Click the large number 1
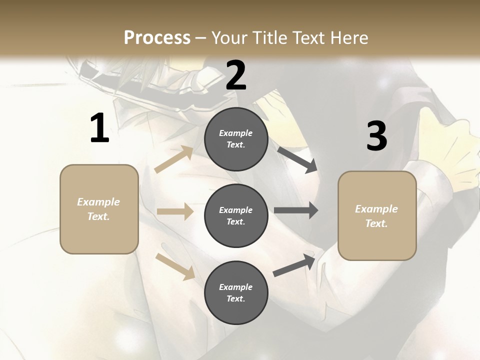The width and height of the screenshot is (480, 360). (x=99, y=128)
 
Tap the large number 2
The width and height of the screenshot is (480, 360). (x=236, y=75)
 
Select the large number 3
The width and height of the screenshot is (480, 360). (x=376, y=136)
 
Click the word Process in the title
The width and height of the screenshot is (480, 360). (x=157, y=37)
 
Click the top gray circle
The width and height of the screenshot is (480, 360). (x=236, y=139)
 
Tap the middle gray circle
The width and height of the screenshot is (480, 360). (x=236, y=215)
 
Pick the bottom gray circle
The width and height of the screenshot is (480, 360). (x=236, y=292)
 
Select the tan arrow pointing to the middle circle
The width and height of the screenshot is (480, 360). (x=175, y=211)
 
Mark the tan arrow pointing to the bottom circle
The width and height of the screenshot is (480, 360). (x=175, y=266)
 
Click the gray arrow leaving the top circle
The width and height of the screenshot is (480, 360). (x=296, y=159)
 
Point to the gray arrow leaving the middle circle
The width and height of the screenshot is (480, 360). (x=295, y=210)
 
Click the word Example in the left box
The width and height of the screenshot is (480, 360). (x=98, y=202)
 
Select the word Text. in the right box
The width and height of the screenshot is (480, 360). (x=376, y=223)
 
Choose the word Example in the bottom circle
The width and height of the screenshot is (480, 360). (x=236, y=287)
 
